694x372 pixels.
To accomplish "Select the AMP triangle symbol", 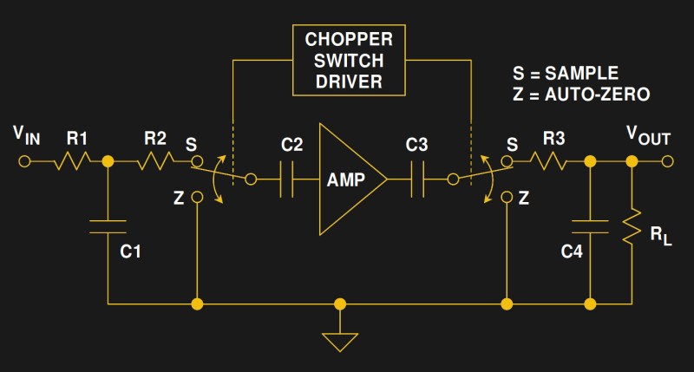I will click(347, 179).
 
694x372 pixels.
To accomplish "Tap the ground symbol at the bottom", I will click(340, 341).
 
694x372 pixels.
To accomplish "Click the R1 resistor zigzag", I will click(73, 160).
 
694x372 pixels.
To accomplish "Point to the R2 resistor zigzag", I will click(155, 160).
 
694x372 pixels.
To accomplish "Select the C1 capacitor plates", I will click(108, 227).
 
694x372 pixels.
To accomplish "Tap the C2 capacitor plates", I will click(287, 179).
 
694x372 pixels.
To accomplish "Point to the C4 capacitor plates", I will click(590, 226).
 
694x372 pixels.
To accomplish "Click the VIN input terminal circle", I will click(24, 161).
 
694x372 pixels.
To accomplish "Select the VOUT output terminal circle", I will click(667, 161).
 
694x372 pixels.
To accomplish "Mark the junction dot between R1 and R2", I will click(108, 161).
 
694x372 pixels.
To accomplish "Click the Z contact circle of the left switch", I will click(198, 198).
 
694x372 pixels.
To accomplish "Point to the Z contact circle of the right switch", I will click(505, 198).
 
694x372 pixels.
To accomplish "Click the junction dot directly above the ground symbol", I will click(340, 304).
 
